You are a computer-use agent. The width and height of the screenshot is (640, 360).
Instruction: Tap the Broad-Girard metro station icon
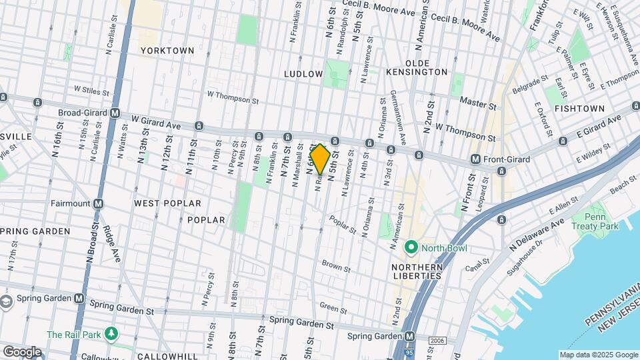115,113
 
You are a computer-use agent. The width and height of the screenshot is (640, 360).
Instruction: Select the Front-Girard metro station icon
475,159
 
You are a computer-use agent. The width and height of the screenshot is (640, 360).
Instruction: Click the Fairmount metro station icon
98,203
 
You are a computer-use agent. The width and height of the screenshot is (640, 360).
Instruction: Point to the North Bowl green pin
411,248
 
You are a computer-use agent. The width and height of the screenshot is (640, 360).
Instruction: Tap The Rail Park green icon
113,334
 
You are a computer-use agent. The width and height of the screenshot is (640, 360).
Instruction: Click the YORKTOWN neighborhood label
167,51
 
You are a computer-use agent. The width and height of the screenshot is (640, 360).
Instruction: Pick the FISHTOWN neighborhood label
579,108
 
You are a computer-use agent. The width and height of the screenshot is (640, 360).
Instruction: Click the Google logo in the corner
22,351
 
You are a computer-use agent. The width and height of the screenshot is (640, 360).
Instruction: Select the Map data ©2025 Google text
598,355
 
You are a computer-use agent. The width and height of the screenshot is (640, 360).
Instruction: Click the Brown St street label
336,266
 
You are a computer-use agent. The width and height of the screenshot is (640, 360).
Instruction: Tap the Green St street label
333,307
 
